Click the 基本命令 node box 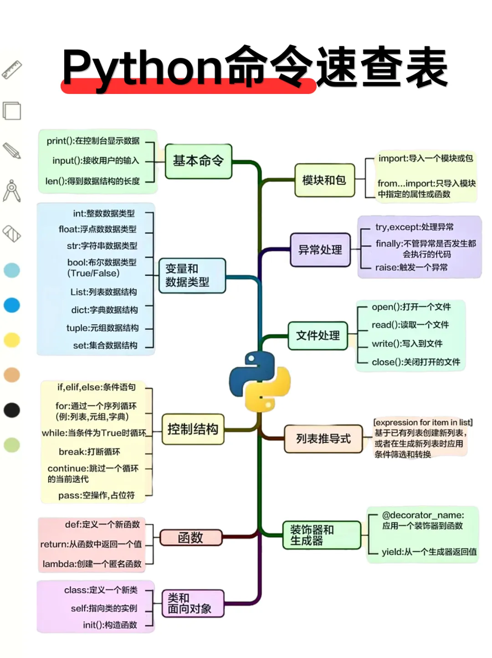pyautogui.click(x=198, y=161)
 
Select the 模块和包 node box pyautogui.click(x=324, y=180)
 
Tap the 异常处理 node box pyautogui.click(x=320, y=250)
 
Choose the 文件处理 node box pyautogui.click(x=318, y=336)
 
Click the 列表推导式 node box pyautogui.click(x=323, y=439)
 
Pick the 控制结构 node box pyautogui.click(x=193, y=429)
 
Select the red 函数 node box pyautogui.click(x=190, y=538)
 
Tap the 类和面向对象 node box pyautogui.click(x=193, y=603)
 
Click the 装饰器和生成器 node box pyautogui.click(x=321, y=535)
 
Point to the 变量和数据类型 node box pyautogui.click(x=192, y=275)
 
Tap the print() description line pyautogui.click(x=93, y=141)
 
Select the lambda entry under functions pyautogui.click(x=92, y=564)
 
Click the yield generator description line pyautogui.click(x=429, y=552)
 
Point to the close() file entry pyautogui.click(x=416, y=362)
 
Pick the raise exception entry pyautogui.click(x=411, y=267)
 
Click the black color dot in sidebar pyautogui.click(x=12, y=410)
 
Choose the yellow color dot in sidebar pyautogui.click(x=12, y=340)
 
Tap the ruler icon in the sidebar pyautogui.click(x=12, y=70)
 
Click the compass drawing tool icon pyautogui.click(x=12, y=191)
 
